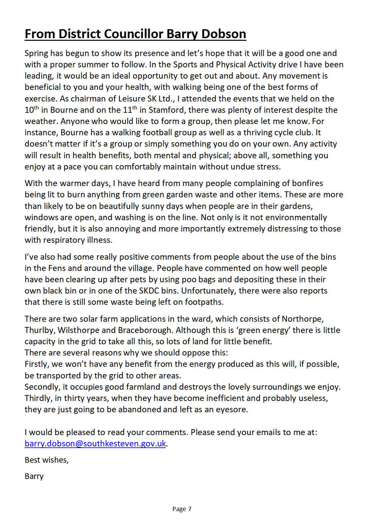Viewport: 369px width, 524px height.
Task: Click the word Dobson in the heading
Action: coord(224,34)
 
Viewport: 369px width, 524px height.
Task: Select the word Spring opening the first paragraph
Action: coord(36,54)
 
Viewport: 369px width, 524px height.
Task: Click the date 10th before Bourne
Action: coord(32,110)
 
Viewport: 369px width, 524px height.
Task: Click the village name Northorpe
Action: coord(302,319)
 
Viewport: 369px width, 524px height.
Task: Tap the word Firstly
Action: coord(37,364)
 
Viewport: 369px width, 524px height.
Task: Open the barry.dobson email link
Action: coord(95,444)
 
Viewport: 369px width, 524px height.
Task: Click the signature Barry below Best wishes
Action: coord(34,477)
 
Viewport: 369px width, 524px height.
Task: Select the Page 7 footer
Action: coord(182,509)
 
